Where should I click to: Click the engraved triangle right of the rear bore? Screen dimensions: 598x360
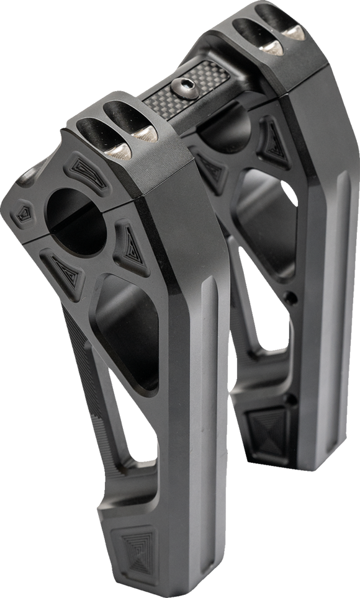pyautogui.click(x=272, y=142)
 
